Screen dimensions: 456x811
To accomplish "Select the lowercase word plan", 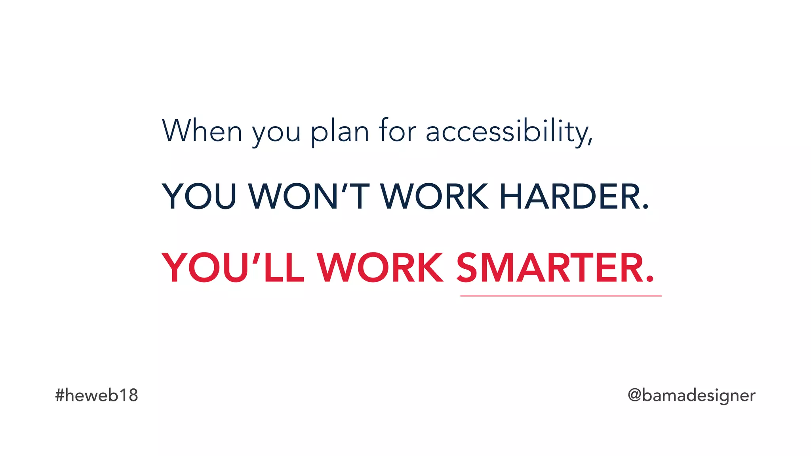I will (x=340, y=132).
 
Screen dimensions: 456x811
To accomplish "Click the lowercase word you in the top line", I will (x=276, y=134).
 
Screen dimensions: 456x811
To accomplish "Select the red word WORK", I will (x=380, y=268).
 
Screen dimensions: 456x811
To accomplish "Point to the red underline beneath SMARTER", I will (x=561, y=296).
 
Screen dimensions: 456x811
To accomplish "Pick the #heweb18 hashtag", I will (x=97, y=395).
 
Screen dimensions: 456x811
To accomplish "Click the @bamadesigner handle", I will (x=691, y=395).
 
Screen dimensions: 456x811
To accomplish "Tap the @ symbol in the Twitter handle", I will (x=634, y=395).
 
